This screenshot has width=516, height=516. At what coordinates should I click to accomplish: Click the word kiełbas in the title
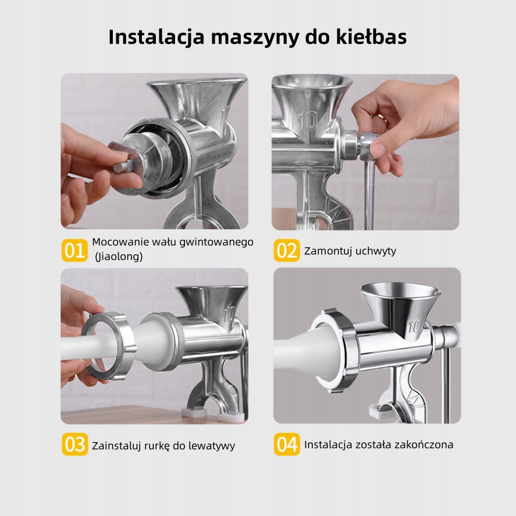point(371,37)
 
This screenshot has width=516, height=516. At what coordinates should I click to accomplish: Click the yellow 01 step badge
point(74,250)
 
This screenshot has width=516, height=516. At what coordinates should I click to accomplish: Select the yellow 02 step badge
point(287,250)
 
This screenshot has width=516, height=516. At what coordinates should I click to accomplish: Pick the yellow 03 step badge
point(74,444)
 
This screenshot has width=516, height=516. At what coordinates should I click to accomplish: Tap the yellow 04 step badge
point(287,444)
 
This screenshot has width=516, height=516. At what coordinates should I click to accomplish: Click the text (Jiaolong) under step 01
point(119,257)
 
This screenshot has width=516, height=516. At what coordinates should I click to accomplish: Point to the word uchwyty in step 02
point(376,251)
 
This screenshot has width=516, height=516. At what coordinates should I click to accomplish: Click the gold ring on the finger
point(382,117)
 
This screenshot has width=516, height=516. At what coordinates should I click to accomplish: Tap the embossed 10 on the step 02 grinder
point(308,120)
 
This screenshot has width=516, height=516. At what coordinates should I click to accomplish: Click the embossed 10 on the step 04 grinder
point(415,326)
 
